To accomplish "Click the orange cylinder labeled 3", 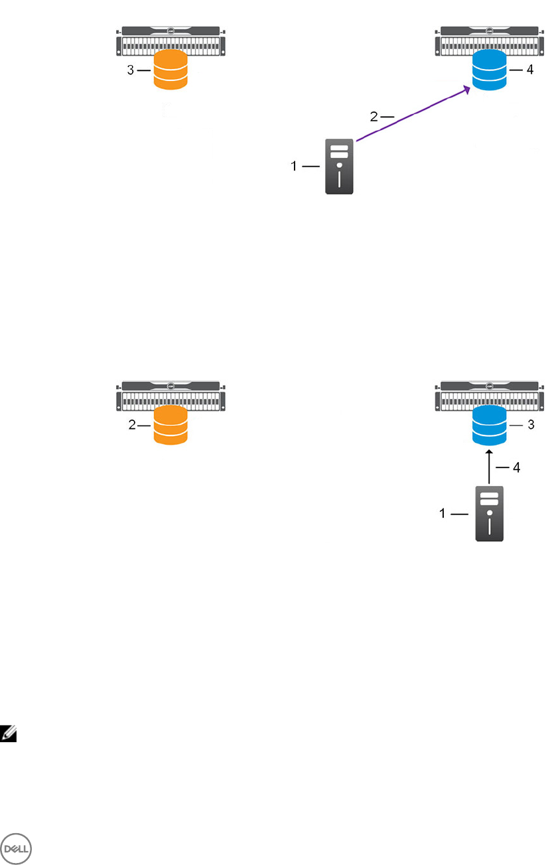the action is (171, 70).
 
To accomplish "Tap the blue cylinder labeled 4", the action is (489, 70).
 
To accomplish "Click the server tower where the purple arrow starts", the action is (339, 167).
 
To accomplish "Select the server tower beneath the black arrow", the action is (490, 514).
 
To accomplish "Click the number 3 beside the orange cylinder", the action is (131, 70).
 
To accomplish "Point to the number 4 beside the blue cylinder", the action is (529, 70).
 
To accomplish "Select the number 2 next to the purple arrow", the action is (374, 117).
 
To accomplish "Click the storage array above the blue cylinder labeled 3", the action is (489, 395).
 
